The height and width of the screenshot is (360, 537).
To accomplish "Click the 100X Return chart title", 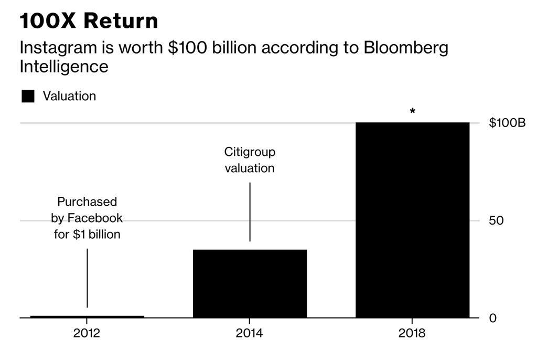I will point(89,21).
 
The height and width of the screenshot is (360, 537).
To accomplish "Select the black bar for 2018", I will point(412,220).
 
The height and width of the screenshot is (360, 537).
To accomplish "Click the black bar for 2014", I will point(250,283).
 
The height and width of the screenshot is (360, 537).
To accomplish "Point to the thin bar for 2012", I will point(87,316).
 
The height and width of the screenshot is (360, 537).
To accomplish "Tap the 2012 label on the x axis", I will point(87,333).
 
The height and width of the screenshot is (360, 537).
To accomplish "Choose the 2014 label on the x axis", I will point(250,333).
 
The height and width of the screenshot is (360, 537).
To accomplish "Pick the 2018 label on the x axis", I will point(412,333).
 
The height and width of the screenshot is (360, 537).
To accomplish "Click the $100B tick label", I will point(507,123).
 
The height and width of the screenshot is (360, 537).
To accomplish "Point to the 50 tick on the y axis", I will point(496,220).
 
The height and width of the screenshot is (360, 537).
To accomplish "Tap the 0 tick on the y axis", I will point(492,318).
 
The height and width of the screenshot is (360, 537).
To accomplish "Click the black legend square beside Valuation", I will point(28,96).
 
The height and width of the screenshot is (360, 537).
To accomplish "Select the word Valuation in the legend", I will point(69,96).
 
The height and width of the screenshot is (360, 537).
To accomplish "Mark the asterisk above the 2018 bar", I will point(413,111).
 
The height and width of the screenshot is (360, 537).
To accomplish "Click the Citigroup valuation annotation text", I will point(250,160).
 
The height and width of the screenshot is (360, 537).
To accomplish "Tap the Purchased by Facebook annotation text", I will point(87,218).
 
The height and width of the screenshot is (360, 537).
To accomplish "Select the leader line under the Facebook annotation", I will point(87,278).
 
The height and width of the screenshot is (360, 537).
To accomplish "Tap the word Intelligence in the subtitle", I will point(63,67).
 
